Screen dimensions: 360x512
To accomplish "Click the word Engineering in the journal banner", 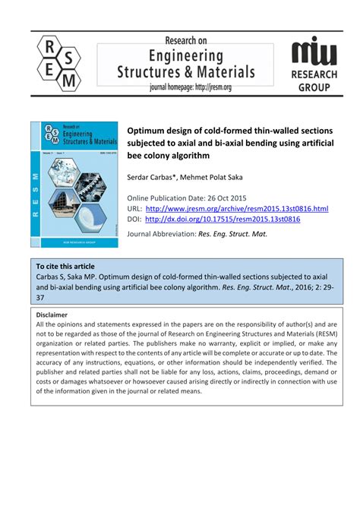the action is pyautogui.click(x=185, y=56).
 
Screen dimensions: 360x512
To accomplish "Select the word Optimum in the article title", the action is pyautogui.click(x=150, y=130).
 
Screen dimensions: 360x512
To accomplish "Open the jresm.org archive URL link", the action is pyautogui.click(x=237, y=208).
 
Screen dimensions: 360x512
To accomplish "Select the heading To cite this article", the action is pyautogui.click(x=65, y=267).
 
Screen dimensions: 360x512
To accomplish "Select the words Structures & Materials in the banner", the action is pyautogui.click(x=185, y=72).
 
